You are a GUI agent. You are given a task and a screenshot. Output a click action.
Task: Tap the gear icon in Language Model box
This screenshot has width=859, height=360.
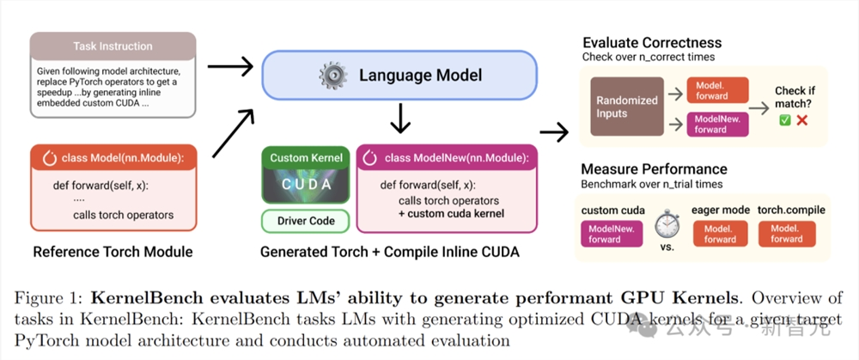(x=331, y=75)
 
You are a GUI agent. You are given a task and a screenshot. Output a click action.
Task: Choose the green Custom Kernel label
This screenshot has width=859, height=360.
(x=307, y=158)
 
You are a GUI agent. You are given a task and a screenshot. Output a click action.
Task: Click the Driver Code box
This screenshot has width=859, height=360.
(x=307, y=221)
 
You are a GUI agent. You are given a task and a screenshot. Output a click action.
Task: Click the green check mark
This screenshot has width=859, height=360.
(x=784, y=120)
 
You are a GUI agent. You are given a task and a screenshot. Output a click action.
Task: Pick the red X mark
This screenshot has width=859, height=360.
(x=802, y=120)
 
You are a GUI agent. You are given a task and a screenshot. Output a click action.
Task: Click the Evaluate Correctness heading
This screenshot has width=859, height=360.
(x=652, y=43)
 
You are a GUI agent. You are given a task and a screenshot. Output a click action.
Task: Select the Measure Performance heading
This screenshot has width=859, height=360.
(x=654, y=169)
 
